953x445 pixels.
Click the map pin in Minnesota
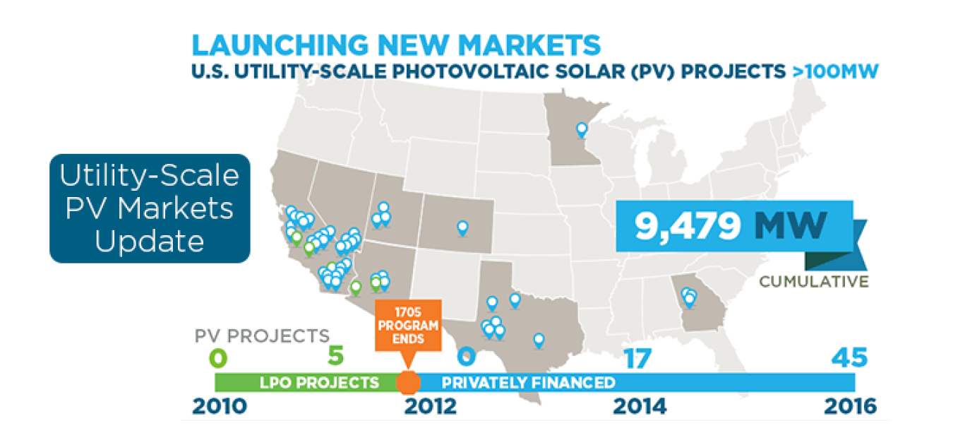(582, 129)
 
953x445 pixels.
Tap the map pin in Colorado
(462, 227)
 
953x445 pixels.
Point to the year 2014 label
(640, 407)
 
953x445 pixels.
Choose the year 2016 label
(851, 407)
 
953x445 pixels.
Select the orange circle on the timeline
(407, 382)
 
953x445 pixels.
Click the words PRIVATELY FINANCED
(528, 383)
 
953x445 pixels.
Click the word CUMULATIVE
(813, 282)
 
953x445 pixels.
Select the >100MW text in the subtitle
(836, 71)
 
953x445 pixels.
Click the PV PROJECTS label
(263, 334)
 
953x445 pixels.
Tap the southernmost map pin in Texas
(539, 340)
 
